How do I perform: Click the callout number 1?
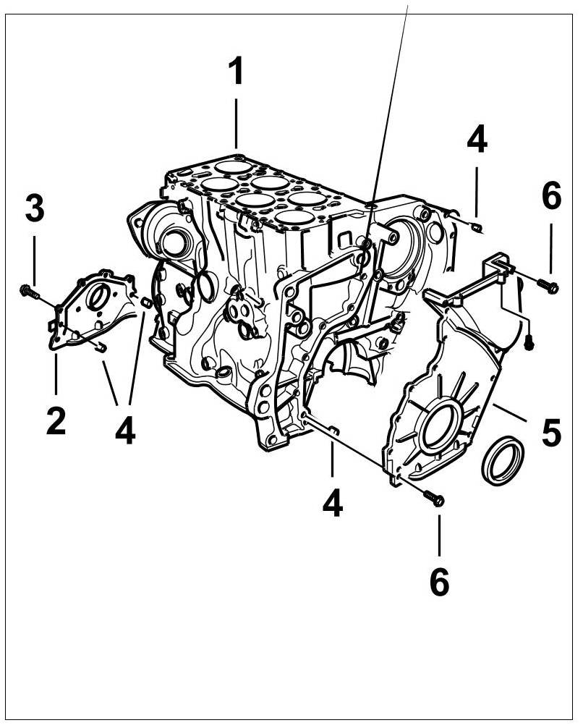(x=236, y=72)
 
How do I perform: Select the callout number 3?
(x=34, y=208)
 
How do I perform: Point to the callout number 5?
(x=551, y=432)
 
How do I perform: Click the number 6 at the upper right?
(x=551, y=196)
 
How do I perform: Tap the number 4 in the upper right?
(x=477, y=140)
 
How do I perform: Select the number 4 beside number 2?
(x=124, y=431)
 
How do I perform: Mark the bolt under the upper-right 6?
(x=548, y=286)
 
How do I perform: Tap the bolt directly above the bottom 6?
(x=434, y=498)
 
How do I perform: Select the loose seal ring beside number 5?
(x=503, y=460)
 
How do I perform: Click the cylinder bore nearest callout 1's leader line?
(x=235, y=166)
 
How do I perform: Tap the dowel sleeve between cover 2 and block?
(x=145, y=302)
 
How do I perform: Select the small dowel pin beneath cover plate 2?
(x=101, y=348)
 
